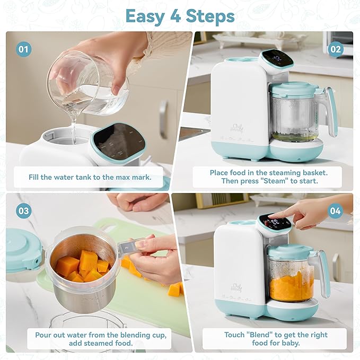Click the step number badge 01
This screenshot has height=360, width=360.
pyautogui.click(x=23, y=50)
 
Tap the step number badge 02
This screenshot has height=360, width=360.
pyautogui.click(x=335, y=50)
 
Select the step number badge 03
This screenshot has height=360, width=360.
pyautogui.click(x=23, y=210)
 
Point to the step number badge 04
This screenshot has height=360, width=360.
pyautogui.click(x=335, y=210)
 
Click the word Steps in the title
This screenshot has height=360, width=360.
pyautogui.click(x=210, y=16)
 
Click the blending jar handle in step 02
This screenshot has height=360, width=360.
pyautogui.click(x=331, y=109)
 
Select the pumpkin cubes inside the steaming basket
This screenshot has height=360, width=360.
pyautogui.click(x=82, y=266)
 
